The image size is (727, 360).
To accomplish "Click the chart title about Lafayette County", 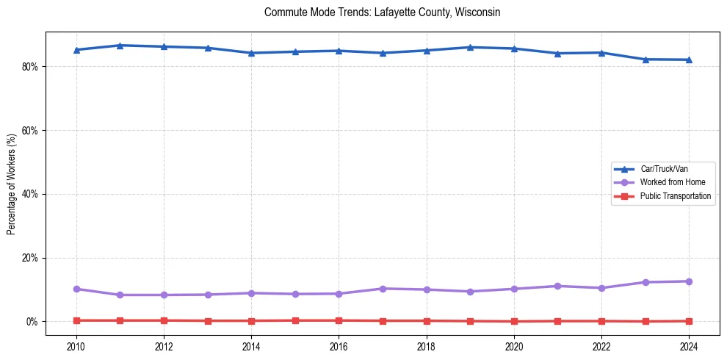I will [382, 12].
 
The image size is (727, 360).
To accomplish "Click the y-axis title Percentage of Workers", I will [12, 184].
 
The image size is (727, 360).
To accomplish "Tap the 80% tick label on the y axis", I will [30, 67].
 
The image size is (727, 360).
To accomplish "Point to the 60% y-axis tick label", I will [30, 131].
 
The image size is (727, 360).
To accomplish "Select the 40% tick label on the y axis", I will [30, 195].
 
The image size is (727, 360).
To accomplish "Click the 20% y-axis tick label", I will [30, 259].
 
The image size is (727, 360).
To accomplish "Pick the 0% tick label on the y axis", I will [32, 323].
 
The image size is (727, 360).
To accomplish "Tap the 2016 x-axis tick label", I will [339, 346].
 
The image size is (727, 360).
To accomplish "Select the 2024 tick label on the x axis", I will [689, 346].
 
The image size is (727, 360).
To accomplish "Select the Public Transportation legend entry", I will [675, 196].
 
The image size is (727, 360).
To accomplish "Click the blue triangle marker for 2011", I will [120, 46].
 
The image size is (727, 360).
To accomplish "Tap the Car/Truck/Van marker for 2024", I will [689, 60].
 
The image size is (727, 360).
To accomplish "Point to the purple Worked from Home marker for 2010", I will [76, 289].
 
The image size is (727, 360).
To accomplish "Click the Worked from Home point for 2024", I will [689, 281].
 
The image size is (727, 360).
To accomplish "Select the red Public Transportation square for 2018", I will [427, 321].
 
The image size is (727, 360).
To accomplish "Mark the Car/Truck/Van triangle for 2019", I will [470, 47].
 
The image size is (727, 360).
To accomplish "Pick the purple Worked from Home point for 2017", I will [383, 289].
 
